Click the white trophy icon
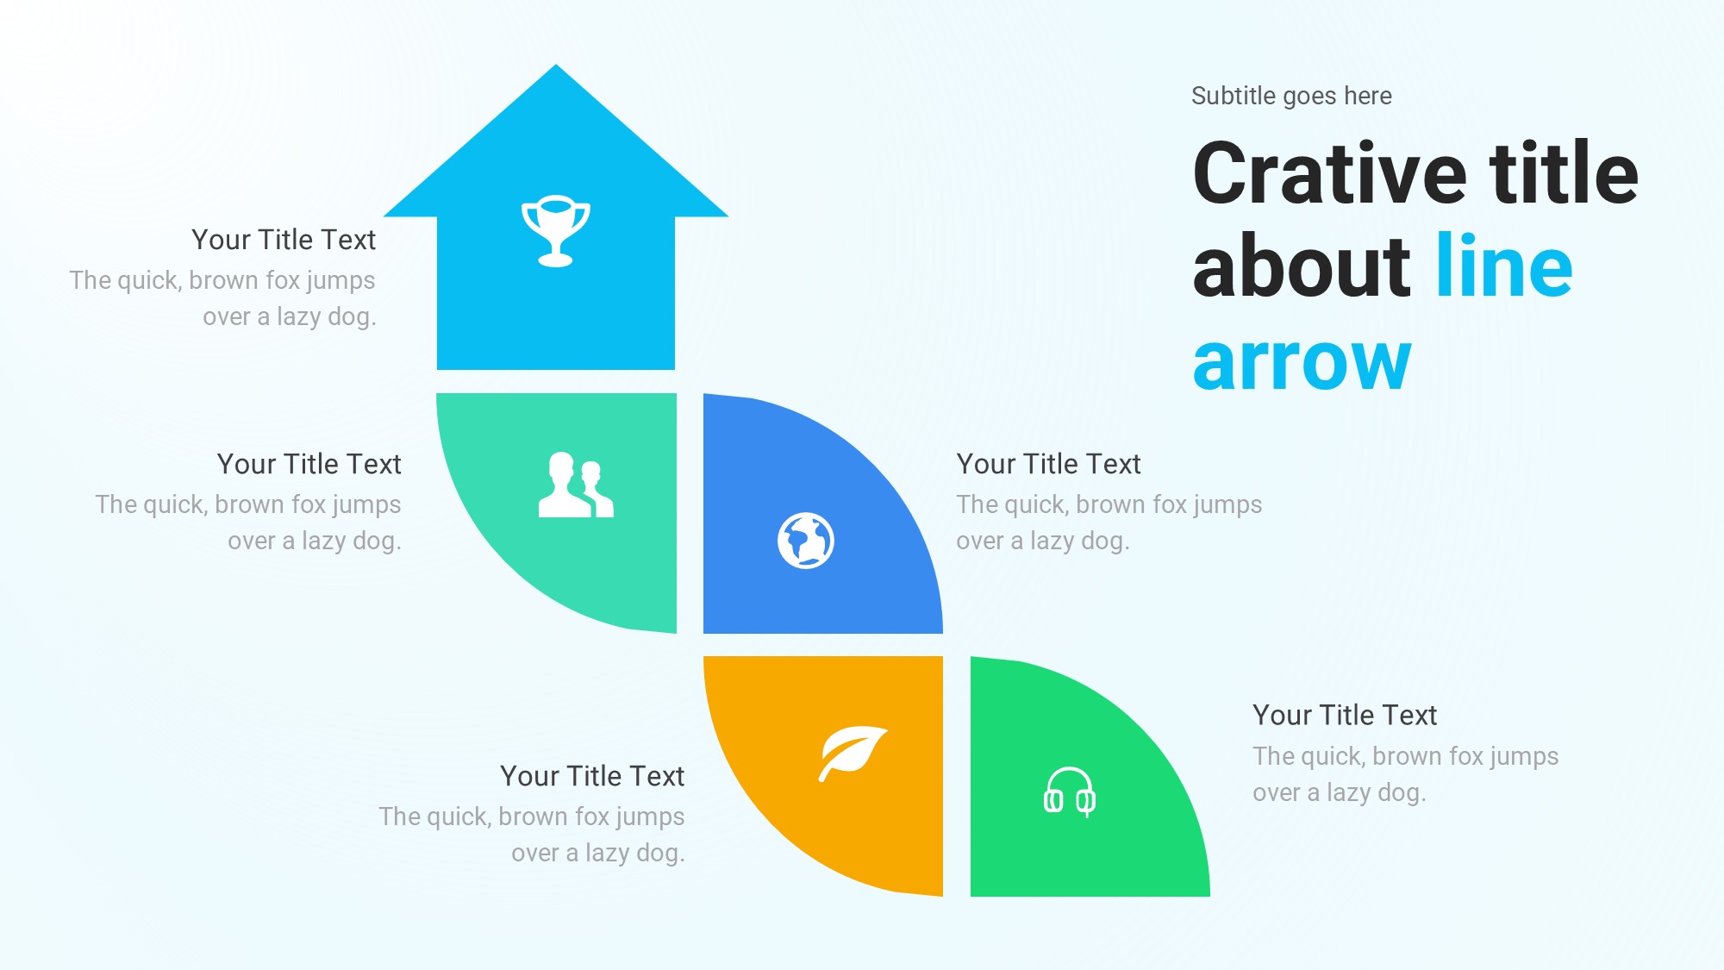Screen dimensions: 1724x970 tap(556, 231)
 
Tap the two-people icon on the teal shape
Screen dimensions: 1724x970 tap(576, 485)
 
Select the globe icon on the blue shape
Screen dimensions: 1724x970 tap(806, 541)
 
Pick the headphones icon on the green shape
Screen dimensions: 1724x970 tap(1070, 792)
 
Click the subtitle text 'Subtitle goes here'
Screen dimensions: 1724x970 tap(1291, 96)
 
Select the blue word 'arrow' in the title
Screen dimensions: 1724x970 tap(1302, 362)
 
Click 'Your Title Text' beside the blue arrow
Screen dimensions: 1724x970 tap(284, 240)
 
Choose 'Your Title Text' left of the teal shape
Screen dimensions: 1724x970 tap(309, 464)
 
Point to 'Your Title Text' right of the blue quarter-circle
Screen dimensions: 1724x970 tap(1048, 464)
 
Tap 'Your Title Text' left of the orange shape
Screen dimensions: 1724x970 tap(592, 776)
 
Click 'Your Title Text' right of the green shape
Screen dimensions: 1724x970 tap(1345, 715)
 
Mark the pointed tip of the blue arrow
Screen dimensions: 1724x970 tap(556, 65)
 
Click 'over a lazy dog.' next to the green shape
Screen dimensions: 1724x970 tap(1340, 792)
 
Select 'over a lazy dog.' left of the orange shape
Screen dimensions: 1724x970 tap(598, 853)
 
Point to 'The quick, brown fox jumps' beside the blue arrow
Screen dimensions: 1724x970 tap(222, 281)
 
